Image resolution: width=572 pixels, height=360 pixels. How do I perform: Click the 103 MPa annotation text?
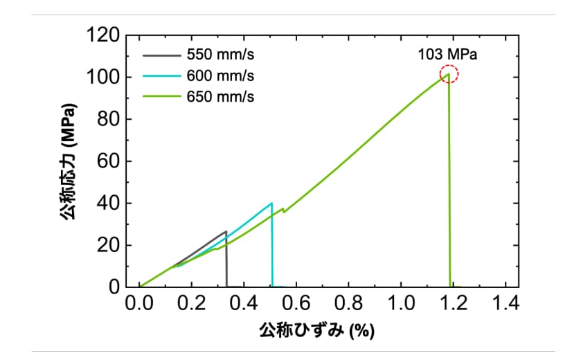pos(447,55)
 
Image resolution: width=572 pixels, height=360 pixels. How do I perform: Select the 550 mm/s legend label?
pos(220,55)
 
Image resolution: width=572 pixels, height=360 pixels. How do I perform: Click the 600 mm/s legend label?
pos(220,76)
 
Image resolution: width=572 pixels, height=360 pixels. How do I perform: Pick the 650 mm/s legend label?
pos(220,97)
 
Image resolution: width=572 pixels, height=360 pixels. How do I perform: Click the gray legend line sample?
pos(161,55)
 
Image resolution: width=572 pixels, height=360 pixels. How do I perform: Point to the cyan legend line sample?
pos(161,76)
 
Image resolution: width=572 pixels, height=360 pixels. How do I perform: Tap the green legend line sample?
pos(161,96)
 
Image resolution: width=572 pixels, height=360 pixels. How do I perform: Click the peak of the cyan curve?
pos(271,203)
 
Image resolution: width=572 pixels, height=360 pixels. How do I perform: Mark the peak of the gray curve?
pos(226,231)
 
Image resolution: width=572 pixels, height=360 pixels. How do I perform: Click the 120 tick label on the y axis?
pos(103,35)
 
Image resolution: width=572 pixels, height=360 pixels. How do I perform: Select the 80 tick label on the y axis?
pos(108,119)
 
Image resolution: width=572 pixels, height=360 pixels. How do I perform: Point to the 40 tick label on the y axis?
pos(108,203)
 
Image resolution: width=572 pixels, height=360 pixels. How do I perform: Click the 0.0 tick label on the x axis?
pos(139,303)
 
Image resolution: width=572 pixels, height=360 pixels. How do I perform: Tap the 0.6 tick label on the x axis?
pos(296,303)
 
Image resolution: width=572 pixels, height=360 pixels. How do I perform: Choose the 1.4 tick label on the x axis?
pos(506,303)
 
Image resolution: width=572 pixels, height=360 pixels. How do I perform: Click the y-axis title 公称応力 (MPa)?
pos(69,161)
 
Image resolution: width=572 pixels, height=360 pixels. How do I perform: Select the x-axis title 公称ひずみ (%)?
pos(317,331)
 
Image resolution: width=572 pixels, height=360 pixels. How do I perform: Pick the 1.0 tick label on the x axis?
pos(401,303)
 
